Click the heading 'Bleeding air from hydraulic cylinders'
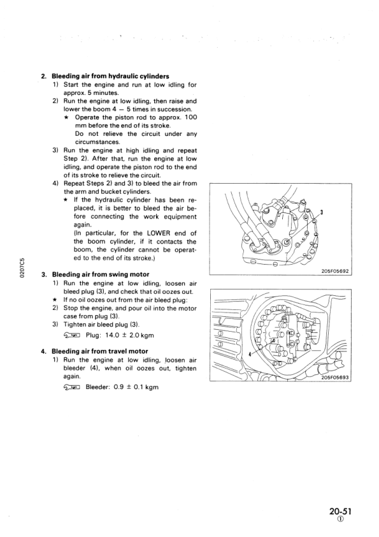tap(110, 76)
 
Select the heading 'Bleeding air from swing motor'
tap(101, 274)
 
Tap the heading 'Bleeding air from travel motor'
tap(100, 351)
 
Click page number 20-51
tap(340, 511)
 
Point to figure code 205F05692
tap(335, 271)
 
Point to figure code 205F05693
tap(335, 378)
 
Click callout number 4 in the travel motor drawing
tap(250, 354)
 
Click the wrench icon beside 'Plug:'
tap(71, 335)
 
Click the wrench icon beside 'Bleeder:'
tap(71, 387)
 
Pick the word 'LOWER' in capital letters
tap(159, 233)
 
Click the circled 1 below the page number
tap(340, 519)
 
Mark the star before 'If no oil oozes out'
tap(55, 300)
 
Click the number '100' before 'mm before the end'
tap(191, 117)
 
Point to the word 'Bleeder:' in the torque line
tap(97, 387)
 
